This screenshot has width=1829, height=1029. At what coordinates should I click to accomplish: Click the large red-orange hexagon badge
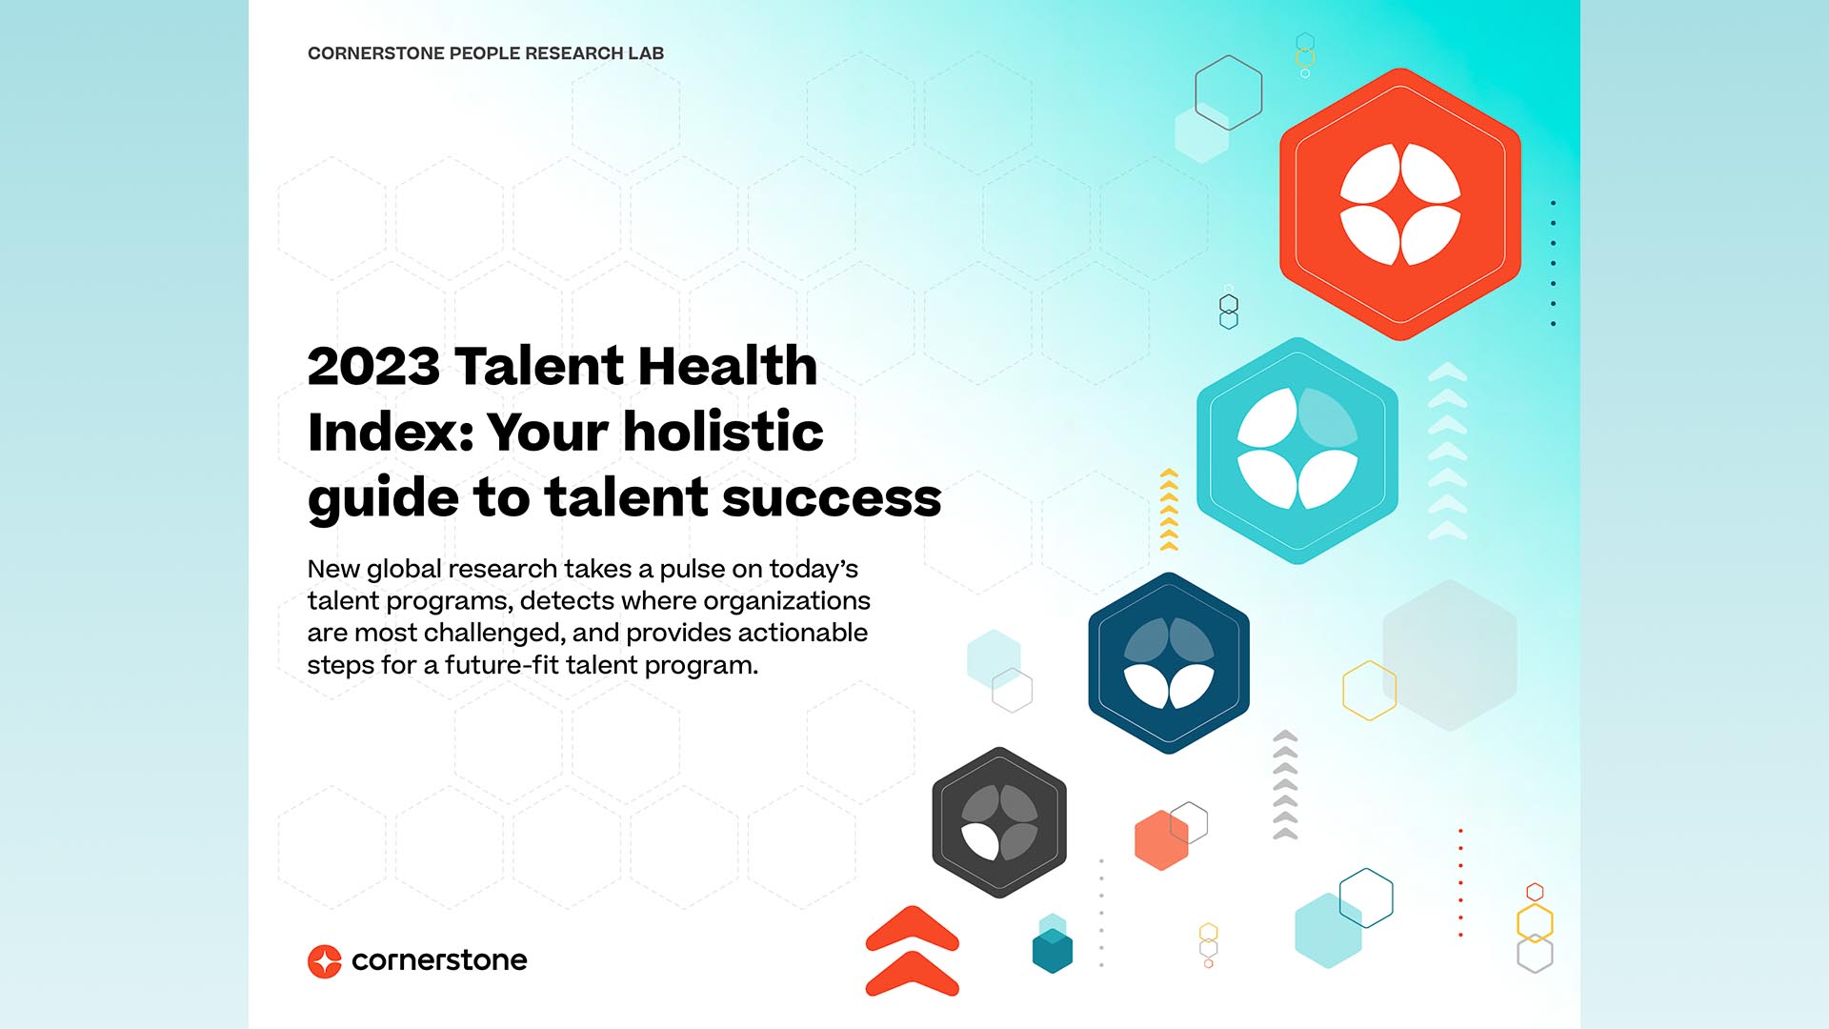pos(1399,204)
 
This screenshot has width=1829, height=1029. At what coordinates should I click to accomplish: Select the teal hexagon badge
pos(1297,451)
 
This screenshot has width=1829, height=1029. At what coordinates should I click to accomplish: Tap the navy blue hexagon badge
pos(1169,663)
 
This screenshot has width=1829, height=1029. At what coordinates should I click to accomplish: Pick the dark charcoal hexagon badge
pos(999,822)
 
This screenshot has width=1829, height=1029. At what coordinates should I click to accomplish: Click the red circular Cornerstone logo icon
pos(325,961)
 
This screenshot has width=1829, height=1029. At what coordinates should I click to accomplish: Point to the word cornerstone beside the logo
pos(439,960)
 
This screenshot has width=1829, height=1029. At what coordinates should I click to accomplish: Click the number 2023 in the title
pos(373,367)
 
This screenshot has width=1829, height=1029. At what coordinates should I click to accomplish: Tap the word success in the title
pos(832,498)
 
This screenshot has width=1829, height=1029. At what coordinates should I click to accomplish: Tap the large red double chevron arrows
pos(912,951)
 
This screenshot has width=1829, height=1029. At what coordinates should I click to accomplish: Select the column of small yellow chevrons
pos(1169,510)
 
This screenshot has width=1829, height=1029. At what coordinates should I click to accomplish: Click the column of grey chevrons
pos(1285,785)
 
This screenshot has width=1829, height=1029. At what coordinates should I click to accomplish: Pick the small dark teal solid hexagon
pos(1053,951)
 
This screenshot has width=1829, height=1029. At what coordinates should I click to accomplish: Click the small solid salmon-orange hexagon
pos(1161,840)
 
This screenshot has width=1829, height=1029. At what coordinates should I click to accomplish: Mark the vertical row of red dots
pos(1460,883)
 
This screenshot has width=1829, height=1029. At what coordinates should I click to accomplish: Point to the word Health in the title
pos(727,367)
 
